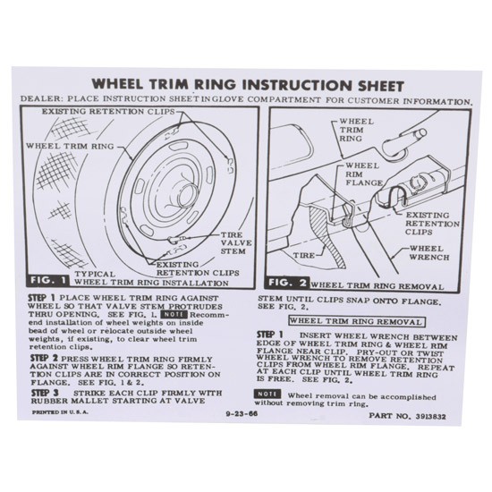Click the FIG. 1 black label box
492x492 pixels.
pyautogui.click(x=48, y=280)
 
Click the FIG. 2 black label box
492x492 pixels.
pyautogui.click(x=287, y=283)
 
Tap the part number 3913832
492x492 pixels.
pyautogui.click(x=430, y=416)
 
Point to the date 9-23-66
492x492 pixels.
pyautogui.click(x=242, y=413)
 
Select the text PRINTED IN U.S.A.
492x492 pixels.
pyautogui.click(x=60, y=412)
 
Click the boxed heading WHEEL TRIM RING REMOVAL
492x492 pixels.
pyautogui.click(x=357, y=322)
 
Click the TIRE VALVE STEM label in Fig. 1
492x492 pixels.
pyautogui.click(x=236, y=242)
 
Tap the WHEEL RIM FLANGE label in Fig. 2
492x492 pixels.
pyautogui.click(x=364, y=174)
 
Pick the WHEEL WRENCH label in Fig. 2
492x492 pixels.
pyautogui.click(x=428, y=253)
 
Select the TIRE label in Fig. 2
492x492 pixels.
pyautogui.click(x=304, y=256)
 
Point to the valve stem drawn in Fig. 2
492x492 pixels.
pyautogui.click(x=404, y=140)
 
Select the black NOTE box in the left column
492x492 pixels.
pyautogui.click(x=174, y=314)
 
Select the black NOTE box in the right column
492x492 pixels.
pyautogui.click(x=267, y=394)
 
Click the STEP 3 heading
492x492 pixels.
pyautogui.click(x=45, y=392)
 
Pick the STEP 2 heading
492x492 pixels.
pyautogui.click(x=44, y=358)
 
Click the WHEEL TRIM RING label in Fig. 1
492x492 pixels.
pyautogui.click(x=70, y=146)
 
